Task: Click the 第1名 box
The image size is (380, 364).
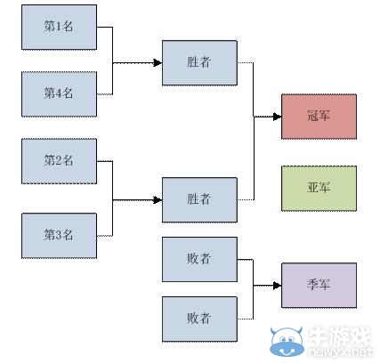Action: click(59, 27)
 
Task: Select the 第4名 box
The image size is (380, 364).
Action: click(59, 93)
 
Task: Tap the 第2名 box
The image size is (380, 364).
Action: click(59, 161)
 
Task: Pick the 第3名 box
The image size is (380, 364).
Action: click(59, 235)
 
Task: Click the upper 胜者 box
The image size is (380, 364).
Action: click(199, 62)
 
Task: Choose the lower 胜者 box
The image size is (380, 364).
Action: click(199, 199)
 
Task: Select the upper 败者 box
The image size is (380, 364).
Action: click(199, 259)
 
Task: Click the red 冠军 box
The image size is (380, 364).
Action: click(319, 116)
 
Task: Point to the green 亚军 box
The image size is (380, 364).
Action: click(319, 188)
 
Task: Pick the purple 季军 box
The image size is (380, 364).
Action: click(319, 285)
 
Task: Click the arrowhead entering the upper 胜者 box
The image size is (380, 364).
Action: click(158, 62)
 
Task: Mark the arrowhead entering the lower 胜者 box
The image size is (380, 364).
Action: click(158, 199)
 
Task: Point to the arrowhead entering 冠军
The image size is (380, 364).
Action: click(277, 116)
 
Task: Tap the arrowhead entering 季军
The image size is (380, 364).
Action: click(277, 285)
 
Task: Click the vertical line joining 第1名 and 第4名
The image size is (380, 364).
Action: click(113, 60)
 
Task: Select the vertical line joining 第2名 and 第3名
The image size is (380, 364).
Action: click(113, 198)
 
